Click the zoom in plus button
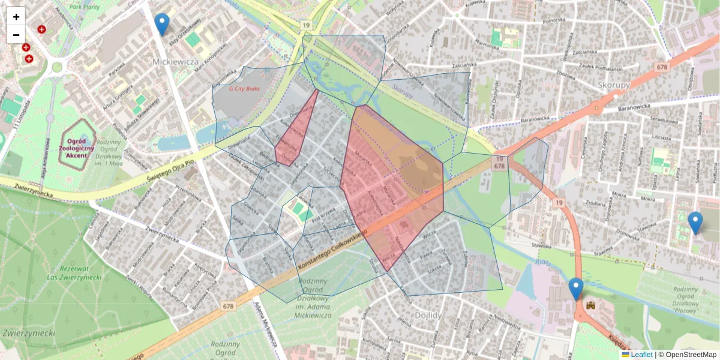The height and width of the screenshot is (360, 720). tap(16, 17)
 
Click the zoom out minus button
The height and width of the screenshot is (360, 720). tap(16, 35)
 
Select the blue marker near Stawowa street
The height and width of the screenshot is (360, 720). tap(695, 223)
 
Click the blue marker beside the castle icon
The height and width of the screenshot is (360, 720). tap(576, 289)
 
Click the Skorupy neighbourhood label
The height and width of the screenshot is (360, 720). tap(614, 85)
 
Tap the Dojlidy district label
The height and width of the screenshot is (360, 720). tap(428, 314)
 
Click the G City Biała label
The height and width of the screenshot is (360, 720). tap(244, 89)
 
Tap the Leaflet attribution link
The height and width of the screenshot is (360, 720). tap(641, 355)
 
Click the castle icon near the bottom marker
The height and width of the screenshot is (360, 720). tap(590, 305)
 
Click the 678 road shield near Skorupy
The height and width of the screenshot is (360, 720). tap(662, 67)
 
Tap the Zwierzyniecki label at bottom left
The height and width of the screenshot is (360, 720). tap(29, 332)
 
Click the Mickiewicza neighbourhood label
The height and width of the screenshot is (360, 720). tap(175, 62)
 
